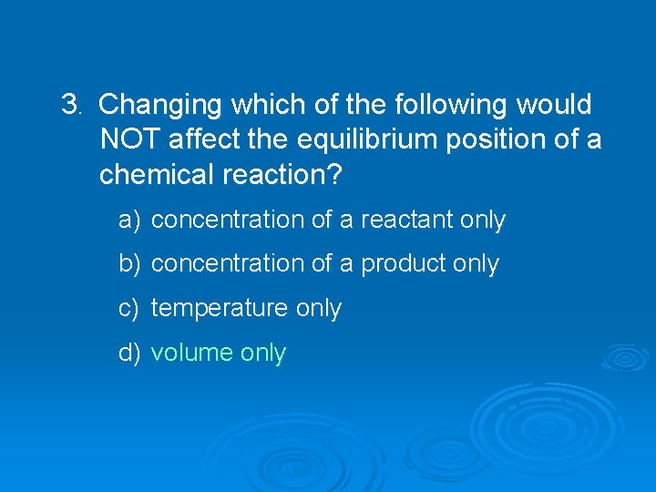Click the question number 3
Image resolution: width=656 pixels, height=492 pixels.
(x=70, y=105)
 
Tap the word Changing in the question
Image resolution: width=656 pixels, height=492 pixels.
(x=160, y=105)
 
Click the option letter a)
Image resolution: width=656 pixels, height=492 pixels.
(x=128, y=220)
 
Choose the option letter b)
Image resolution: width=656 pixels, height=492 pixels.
(x=128, y=263)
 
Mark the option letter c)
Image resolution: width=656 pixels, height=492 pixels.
(x=128, y=308)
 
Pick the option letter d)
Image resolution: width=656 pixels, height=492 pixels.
(x=128, y=353)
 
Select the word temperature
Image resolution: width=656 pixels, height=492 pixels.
(x=220, y=308)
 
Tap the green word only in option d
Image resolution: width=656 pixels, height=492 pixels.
(x=263, y=353)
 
